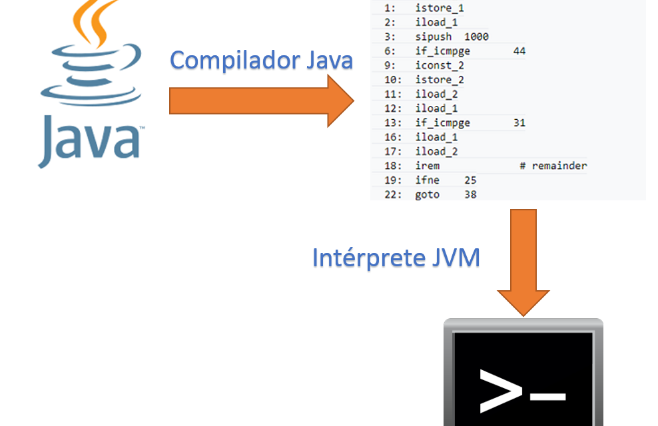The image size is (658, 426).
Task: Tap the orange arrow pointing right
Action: (262, 101)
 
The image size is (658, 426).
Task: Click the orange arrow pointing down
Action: (523, 262)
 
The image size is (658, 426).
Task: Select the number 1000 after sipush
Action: (476, 37)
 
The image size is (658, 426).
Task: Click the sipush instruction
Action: (434, 37)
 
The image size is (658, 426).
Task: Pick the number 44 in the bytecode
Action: (519, 51)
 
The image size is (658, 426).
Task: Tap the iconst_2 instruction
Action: (440, 65)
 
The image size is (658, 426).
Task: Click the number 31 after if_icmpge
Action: (519, 123)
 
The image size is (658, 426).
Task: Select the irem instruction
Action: (427, 166)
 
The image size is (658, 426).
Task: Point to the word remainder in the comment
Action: (559, 166)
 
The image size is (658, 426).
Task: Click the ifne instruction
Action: (427, 180)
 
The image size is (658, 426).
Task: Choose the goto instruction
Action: (427, 195)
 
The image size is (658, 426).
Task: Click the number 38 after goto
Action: (470, 194)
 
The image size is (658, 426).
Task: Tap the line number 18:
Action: (393, 166)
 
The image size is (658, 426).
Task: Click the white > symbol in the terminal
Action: (501, 391)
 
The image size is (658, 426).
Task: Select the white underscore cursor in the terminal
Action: (548, 397)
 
